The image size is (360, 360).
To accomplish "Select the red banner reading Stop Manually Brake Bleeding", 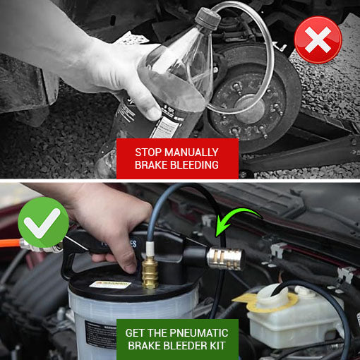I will point(176,158).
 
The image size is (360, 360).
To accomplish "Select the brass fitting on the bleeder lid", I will point(150,272).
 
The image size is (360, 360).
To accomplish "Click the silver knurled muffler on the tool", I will point(227,259).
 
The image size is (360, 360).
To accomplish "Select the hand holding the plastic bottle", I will point(124,78).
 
